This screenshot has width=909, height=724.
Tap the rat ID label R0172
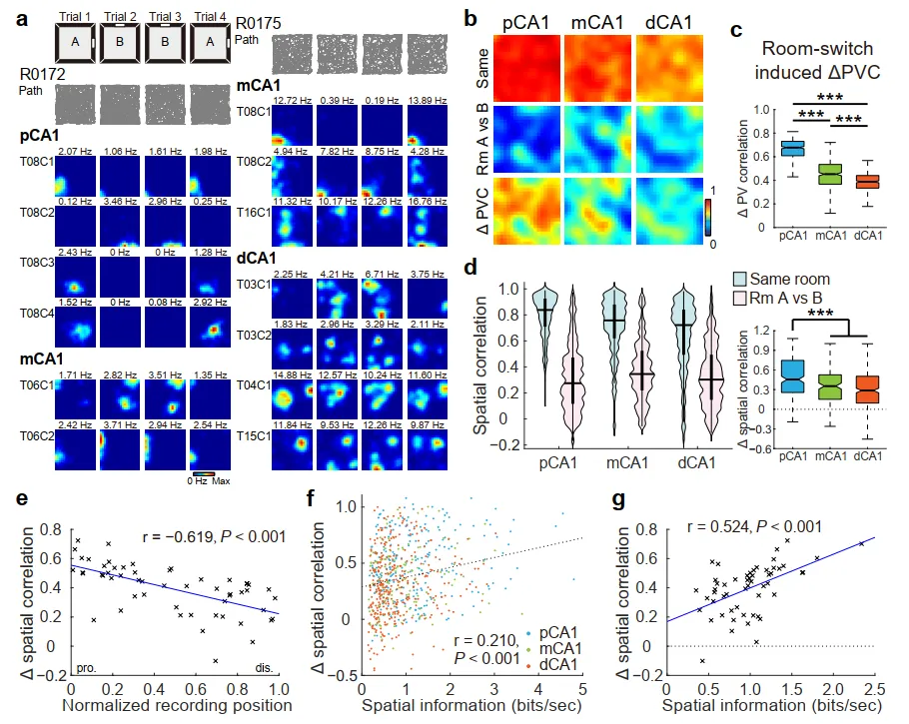[x=42, y=74]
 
